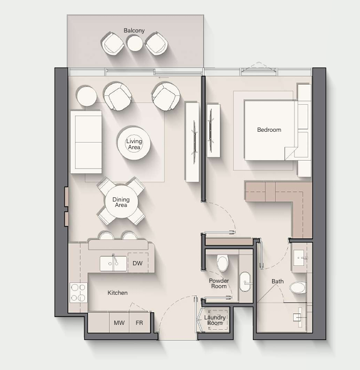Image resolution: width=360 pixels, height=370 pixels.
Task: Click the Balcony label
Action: click(x=134, y=31)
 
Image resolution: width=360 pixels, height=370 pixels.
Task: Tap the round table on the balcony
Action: click(x=135, y=43)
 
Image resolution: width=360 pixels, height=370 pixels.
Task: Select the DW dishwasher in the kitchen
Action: click(x=138, y=263)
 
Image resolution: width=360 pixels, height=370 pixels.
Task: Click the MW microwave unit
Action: click(x=119, y=322)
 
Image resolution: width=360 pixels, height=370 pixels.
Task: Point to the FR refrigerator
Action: click(x=139, y=322)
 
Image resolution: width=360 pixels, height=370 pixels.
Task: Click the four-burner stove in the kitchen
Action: click(x=78, y=292)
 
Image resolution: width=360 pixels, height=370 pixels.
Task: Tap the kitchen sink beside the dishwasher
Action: click(x=113, y=264)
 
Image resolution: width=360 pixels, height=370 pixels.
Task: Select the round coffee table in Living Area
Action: click(x=134, y=143)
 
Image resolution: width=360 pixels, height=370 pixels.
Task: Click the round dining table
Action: click(x=121, y=202)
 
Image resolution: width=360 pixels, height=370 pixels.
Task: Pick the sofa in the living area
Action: click(x=86, y=142)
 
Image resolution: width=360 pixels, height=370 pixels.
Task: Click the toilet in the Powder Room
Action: click(x=222, y=263)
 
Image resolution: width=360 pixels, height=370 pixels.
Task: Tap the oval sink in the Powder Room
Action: click(x=245, y=282)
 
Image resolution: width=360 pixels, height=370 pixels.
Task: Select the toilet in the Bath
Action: click(x=298, y=288)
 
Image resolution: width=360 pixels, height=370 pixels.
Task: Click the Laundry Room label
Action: click(x=215, y=320)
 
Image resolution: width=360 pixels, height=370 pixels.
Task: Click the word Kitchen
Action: click(x=117, y=293)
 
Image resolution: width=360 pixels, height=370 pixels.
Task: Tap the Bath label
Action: click(x=278, y=282)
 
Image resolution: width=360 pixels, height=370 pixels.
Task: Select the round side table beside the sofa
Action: click(x=87, y=96)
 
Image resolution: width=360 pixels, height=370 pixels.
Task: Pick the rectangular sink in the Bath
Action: click(x=299, y=257)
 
